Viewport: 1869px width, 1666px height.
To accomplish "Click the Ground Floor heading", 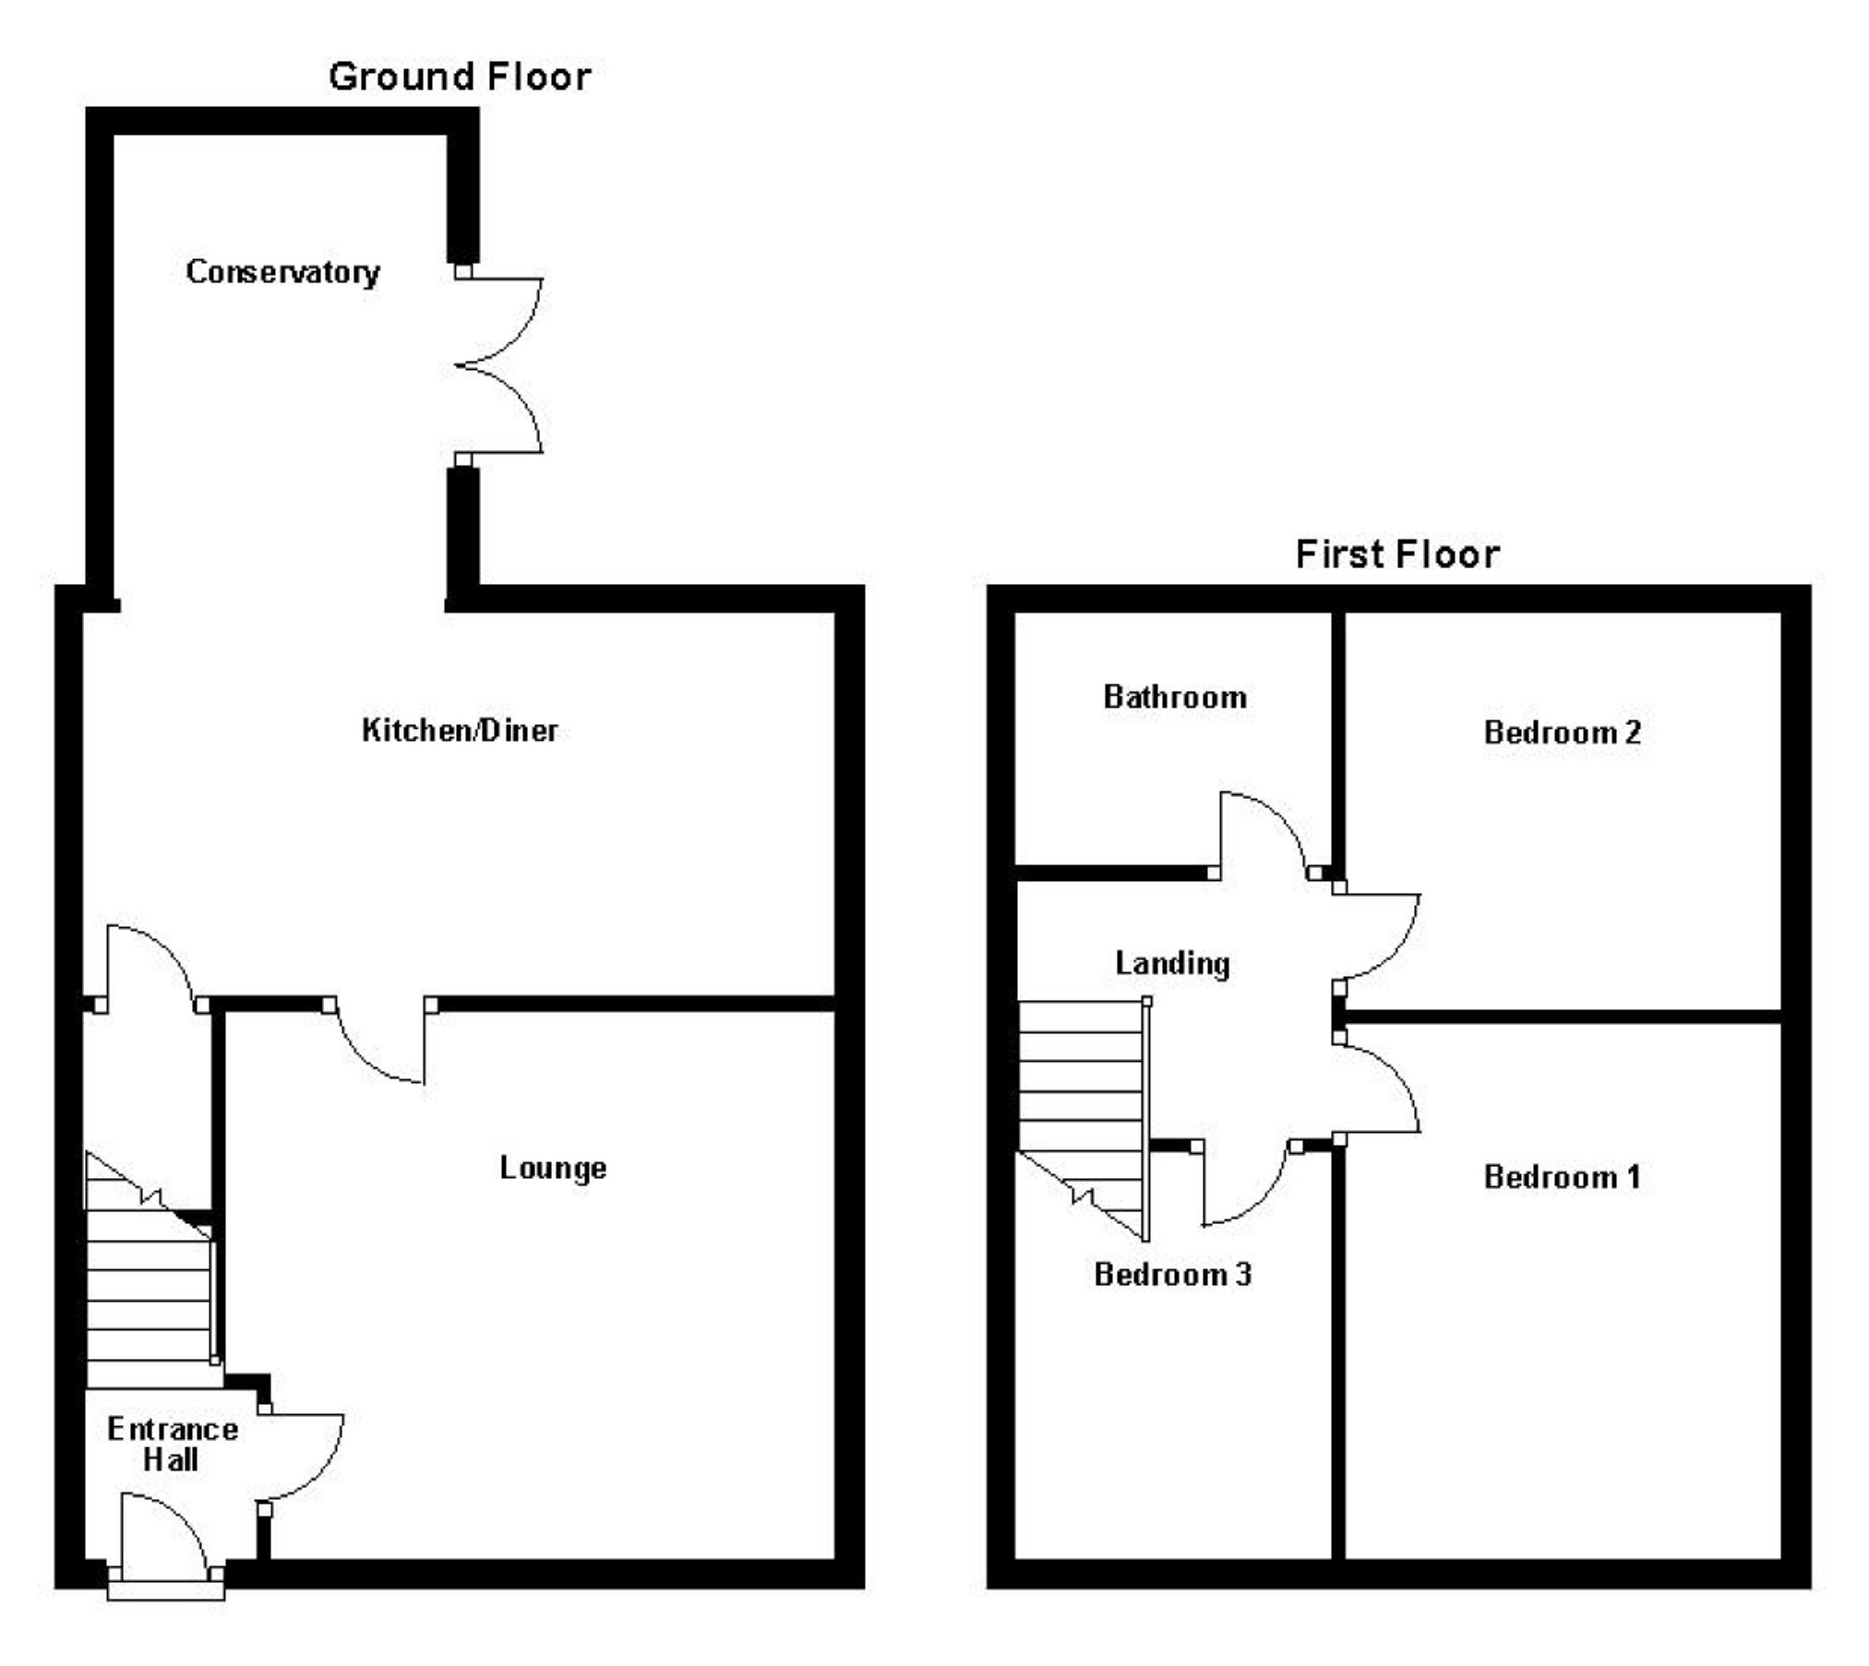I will [460, 77].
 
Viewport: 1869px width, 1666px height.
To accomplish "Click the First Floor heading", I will [1397, 554].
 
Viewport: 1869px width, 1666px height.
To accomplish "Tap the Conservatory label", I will [282, 272].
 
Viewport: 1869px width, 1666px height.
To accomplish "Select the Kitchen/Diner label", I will [460, 731].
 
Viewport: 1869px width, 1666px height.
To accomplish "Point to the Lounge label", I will [553, 1168].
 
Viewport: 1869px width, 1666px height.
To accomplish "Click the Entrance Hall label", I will [173, 1445].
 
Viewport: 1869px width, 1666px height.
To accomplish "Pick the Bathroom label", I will [1175, 697].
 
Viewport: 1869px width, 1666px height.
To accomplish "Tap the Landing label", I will [1172, 964].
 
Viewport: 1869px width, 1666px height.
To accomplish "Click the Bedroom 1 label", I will [1562, 1177].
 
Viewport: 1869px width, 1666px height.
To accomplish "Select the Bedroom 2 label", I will [1562, 732].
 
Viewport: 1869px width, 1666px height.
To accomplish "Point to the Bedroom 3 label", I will [1172, 1275].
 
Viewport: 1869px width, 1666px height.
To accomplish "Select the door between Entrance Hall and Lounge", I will [300, 1458].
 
